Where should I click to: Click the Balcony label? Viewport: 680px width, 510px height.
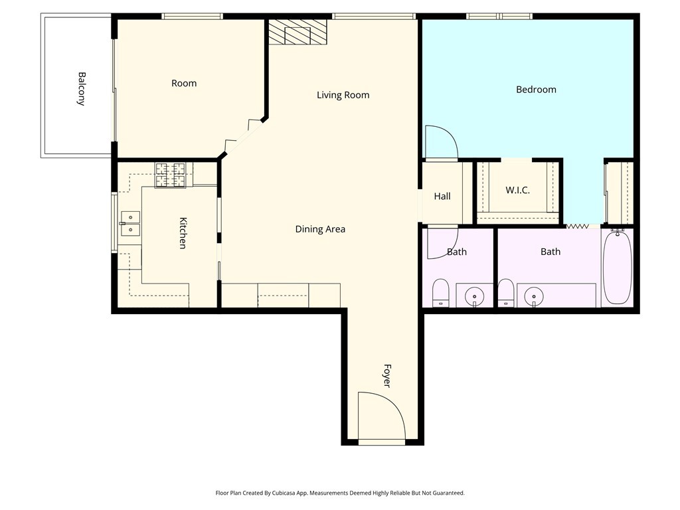81,89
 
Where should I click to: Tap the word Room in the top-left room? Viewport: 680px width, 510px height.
184,83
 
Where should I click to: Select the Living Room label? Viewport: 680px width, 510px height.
343,95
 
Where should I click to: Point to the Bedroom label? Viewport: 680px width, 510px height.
536,90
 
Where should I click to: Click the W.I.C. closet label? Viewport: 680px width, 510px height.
517,190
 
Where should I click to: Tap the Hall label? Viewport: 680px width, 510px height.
442,196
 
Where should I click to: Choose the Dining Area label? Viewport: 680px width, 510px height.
321,229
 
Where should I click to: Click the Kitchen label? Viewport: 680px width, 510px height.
183,233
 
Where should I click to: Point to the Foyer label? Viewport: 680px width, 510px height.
387,376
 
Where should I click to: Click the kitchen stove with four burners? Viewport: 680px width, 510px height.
171,175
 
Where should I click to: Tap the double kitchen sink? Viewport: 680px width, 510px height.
130,223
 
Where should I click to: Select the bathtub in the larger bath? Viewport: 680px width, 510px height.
618,268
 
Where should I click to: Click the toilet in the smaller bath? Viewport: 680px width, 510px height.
441,292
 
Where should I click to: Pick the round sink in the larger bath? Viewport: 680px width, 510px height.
534,297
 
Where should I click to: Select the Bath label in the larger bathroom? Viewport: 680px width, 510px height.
551,252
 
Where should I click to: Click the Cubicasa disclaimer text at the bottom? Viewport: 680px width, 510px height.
340,493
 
